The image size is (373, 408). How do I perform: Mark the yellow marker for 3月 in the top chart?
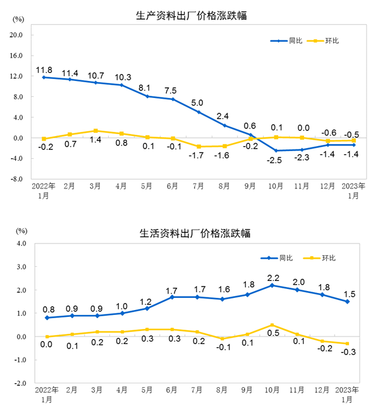click(x=95, y=131)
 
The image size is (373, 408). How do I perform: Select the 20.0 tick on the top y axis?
click(x=16, y=35)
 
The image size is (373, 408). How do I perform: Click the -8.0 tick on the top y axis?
click(x=16, y=179)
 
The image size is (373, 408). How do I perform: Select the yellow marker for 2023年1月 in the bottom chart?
click(x=347, y=343)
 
